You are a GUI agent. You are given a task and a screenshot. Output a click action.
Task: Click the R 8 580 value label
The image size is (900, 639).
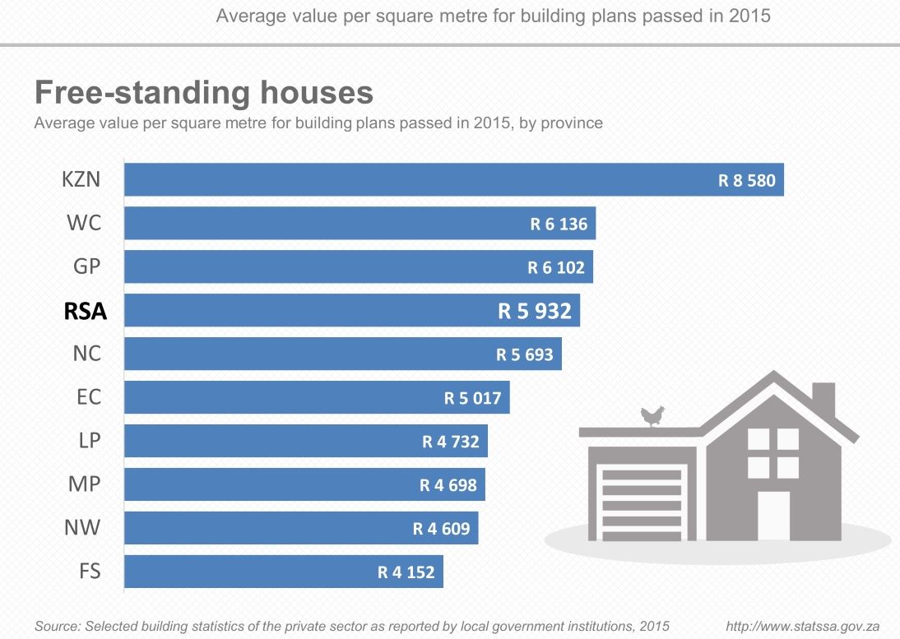tap(746, 180)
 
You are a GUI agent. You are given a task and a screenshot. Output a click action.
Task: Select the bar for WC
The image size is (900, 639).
tap(360, 224)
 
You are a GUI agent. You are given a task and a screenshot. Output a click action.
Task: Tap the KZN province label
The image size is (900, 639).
tap(81, 179)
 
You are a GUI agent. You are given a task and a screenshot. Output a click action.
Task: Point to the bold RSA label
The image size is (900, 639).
tap(86, 311)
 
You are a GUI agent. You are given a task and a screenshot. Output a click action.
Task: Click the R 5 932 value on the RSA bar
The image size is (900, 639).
tap(534, 311)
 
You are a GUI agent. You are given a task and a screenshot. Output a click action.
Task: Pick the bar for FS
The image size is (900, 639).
tap(283, 572)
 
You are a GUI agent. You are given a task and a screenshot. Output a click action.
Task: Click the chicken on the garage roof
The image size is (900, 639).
tap(653, 416)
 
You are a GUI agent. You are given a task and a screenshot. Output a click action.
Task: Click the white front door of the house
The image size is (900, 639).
tap(773, 516)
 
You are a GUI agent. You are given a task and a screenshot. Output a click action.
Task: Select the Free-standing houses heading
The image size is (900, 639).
tap(204, 92)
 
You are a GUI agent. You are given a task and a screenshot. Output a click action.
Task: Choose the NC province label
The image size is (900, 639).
tap(86, 354)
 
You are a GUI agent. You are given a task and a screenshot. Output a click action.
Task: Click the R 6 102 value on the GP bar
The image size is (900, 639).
tap(556, 267)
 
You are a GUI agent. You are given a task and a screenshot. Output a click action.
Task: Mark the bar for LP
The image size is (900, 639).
tap(306, 442)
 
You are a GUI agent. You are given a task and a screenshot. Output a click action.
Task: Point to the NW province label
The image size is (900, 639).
tap(83, 527)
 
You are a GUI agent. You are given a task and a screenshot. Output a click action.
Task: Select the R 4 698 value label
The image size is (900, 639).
tap(448, 485)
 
